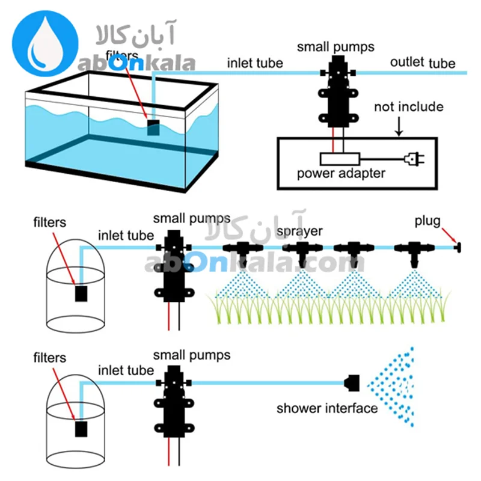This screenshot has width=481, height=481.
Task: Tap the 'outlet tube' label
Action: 422,63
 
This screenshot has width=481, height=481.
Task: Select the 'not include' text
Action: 408,108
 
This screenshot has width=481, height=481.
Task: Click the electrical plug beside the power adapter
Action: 415,159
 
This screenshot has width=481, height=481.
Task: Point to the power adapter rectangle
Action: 340,159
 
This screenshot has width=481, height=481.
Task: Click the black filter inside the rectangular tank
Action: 154,126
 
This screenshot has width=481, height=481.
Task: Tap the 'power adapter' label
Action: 341,174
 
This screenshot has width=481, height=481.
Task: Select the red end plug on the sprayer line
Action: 457,247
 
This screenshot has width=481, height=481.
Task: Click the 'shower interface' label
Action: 326,409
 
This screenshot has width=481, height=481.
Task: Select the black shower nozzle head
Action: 352,381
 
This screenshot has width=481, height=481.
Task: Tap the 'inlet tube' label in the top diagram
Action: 255,63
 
